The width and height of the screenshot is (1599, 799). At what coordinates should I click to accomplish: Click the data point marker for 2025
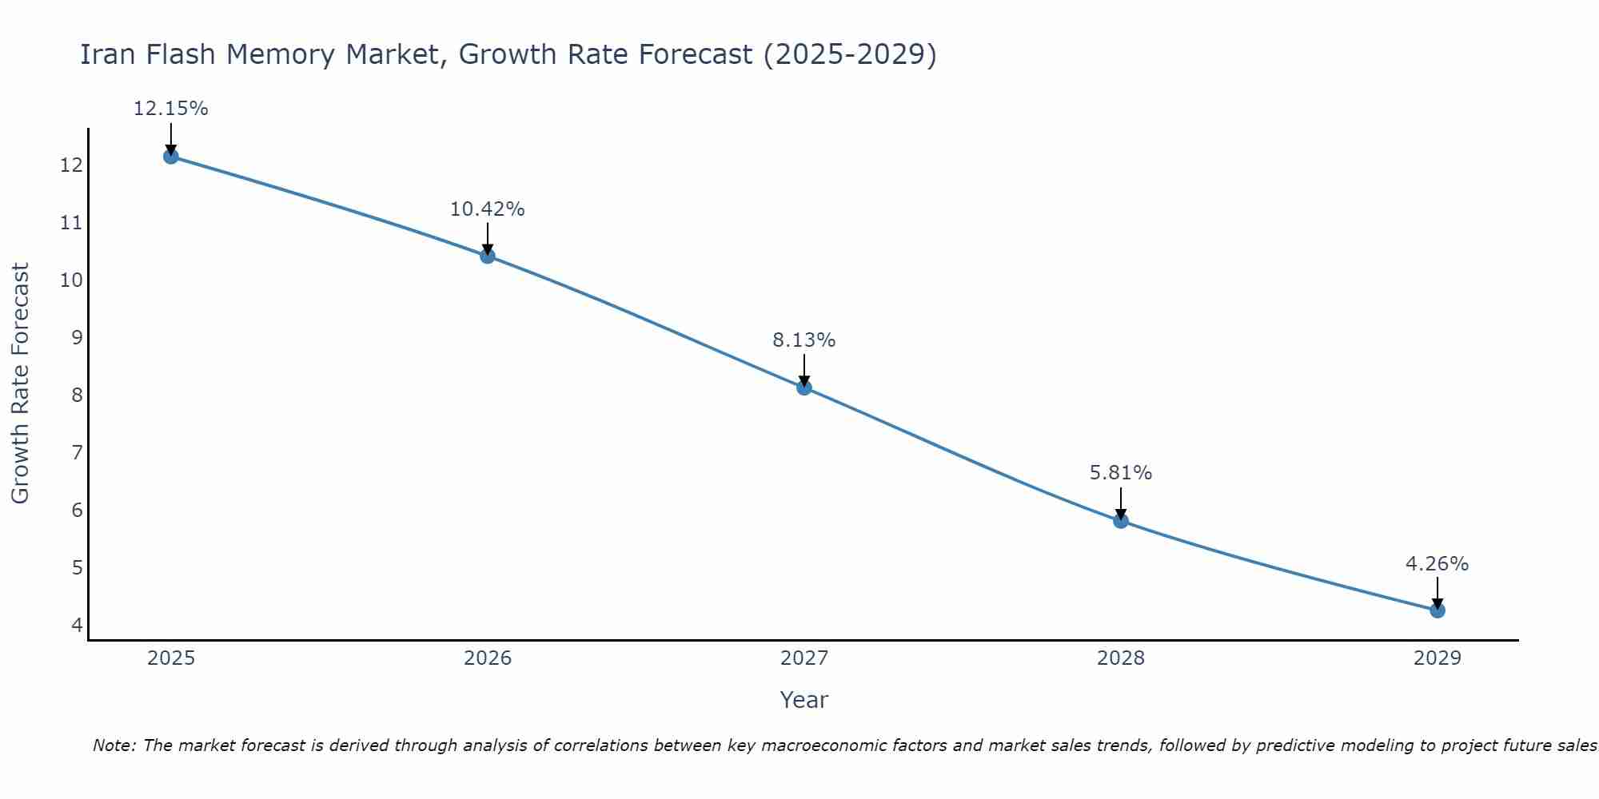point(170,156)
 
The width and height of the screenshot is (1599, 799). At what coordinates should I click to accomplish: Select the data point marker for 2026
point(488,256)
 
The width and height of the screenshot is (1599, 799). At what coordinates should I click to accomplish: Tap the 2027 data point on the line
point(804,388)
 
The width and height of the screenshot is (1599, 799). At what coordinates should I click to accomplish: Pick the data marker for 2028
point(1121,521)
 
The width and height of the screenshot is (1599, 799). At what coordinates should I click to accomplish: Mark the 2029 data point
point(1438,610)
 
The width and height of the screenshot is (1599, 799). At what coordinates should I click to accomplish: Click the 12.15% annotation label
point(170,109)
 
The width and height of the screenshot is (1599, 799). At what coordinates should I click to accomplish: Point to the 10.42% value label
point(488,209)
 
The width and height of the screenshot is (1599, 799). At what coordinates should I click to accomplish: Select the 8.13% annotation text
point(804,340)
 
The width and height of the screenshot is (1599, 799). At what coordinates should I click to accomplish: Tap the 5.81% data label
point(1121,473)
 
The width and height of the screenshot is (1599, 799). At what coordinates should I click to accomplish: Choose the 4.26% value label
point(1438,564)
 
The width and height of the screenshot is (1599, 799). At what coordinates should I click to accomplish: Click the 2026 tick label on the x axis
point(488,658)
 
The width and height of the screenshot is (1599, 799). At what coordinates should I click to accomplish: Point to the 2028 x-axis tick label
point(1121,658)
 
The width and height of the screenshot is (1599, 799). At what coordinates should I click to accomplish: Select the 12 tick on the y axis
point(71,165)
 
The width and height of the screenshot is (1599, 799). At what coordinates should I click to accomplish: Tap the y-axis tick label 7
point(77,453)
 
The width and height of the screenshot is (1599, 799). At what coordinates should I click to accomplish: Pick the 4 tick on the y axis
point(77,625)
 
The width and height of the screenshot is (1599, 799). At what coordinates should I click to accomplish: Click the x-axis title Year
point(804,700)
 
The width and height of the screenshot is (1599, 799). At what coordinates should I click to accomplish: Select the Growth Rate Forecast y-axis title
point(21,384)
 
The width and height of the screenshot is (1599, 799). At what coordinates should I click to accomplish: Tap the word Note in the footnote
point(114,745)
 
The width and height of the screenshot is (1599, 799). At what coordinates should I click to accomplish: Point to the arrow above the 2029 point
point(1438,591)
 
